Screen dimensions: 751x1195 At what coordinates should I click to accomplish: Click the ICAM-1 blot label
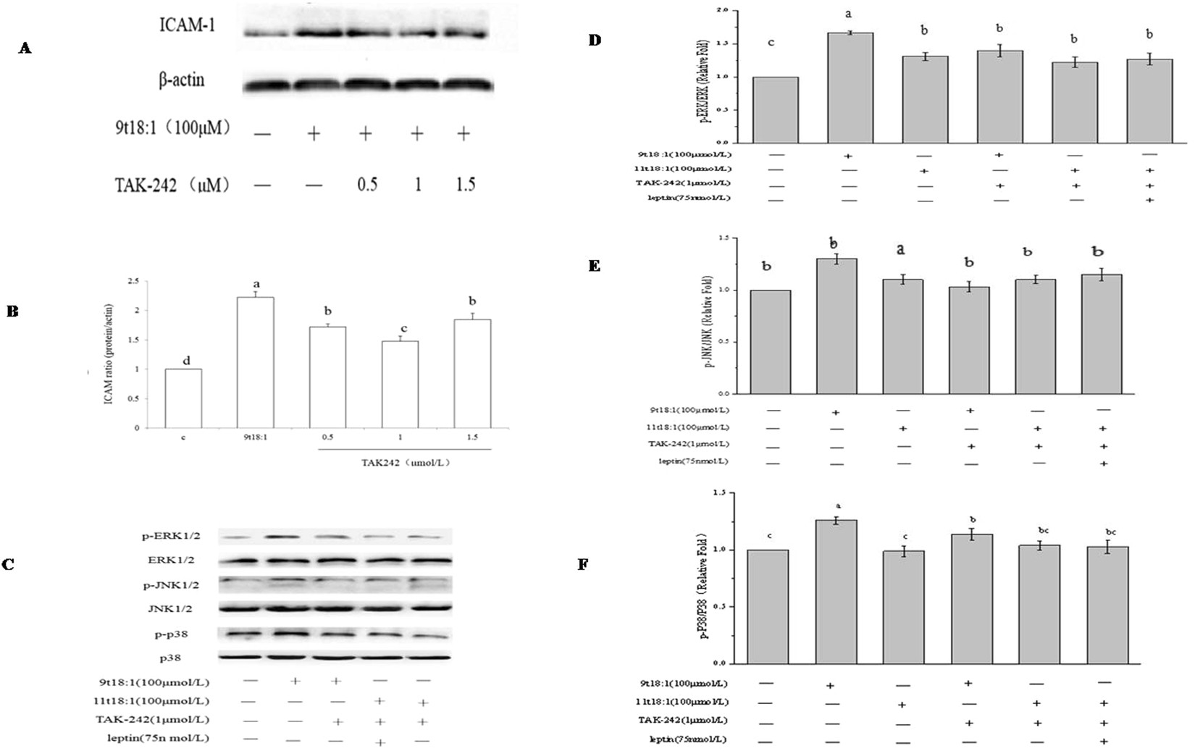[x=187, y=26]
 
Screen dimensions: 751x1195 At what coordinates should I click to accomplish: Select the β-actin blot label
[x=181, y=79]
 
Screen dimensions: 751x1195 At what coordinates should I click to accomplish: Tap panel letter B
[x=12, y=312]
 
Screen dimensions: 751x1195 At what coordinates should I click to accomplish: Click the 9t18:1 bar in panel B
[x=255, y=362]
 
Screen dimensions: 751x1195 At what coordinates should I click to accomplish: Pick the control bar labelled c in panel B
[x=183, y=398]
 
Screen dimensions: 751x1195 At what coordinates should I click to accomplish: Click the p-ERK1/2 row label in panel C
[x=172, y=537]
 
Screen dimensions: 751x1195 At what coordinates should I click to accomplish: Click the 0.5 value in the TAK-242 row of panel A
[x=366, y=185]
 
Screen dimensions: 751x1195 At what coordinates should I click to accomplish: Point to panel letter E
[x=594, y=267]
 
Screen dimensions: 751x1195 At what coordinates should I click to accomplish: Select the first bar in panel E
[x=771, y=342]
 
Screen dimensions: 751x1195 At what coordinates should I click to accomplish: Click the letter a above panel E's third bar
[x=900, y=251]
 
